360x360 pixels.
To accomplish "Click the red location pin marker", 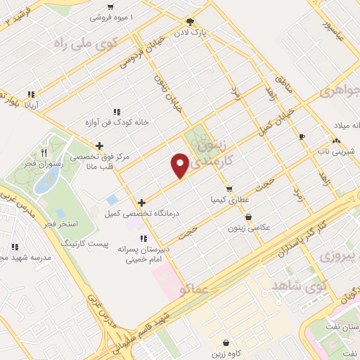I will coord(181,165).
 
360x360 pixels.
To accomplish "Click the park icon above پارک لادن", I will coord(190,22).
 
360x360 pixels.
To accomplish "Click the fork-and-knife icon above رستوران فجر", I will coord(43,152).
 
